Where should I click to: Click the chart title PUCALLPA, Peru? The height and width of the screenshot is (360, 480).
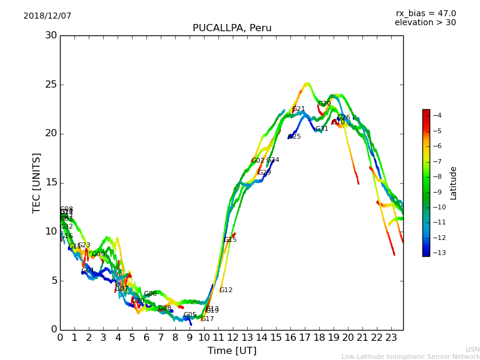pyautogui.click(x=232, y=28)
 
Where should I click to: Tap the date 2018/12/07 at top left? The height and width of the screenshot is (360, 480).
pyautogui.click(x=47, y=16)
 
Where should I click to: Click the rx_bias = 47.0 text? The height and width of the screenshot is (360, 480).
pyautogui.click(x=425, y=14)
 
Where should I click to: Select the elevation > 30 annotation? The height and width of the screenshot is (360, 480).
pyautogui.click(x=425, y=23)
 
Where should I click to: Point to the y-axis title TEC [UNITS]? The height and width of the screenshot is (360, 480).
pyautogui.click(x=37, y=182)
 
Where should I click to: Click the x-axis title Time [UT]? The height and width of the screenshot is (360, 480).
pyautogui.click(x=232, y=351)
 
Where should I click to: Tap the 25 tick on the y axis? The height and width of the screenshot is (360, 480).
pyautogui.click(x=51, y=85)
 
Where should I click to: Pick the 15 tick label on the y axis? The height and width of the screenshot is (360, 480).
pyautogui.click(x=51, y=182)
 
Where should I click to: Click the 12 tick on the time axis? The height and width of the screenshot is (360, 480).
pyautogui.click(x=233, y=338)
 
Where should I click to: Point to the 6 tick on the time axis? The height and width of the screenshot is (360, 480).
pyautogui.click(x=146, y=338)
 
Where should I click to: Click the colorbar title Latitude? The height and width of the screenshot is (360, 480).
pyautogui.click(x=454, y=183)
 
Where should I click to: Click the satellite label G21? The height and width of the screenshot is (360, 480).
pyautogui.click(x=299, y=109)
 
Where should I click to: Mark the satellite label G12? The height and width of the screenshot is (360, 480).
pyautogui.click(x=226, y=290)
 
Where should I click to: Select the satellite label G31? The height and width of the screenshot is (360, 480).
pyautogui.click(x=322, y=129)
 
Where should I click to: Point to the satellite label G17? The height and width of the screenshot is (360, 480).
pyautogui.click(x=208, y=319)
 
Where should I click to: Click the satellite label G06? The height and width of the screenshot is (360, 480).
pyautogui.click(x=150, y=294)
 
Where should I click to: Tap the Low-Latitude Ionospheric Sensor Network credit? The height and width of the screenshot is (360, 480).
pyautogui.click(x=410, y=357)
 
